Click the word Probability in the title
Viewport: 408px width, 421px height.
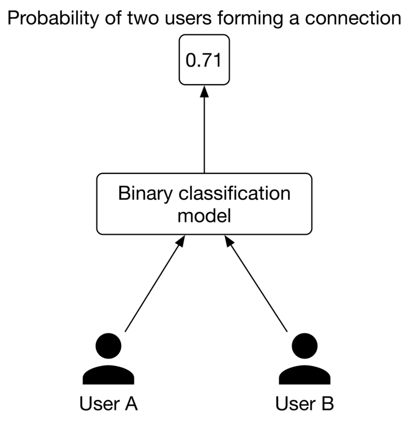[53, 19]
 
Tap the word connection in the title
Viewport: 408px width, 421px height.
[353, 18]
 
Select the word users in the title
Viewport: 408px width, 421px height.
[188, 19]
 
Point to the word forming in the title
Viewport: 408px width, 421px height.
[250, 19]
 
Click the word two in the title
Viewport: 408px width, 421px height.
[143, 19]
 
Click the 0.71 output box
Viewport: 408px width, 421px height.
[204, 60]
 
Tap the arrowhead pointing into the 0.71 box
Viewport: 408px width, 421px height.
[204, 91]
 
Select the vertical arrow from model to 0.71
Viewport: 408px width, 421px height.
[204, 130]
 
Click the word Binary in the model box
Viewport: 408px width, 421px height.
[145, 194]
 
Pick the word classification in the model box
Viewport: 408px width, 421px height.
[234, 193]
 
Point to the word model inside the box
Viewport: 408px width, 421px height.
[204, 215]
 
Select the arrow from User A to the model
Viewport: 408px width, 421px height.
[155, 283]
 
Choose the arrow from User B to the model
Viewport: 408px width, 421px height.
[256, 283]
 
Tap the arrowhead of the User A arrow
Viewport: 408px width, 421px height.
[181, 241]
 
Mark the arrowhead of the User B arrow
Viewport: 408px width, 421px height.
[229, 241]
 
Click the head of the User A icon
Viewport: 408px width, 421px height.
[108, 346]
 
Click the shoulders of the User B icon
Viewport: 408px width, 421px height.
[305, 375]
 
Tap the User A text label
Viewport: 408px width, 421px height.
[109, 403]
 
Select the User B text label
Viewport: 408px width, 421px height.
[305, 403]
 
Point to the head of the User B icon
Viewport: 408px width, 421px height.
[305, 346]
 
